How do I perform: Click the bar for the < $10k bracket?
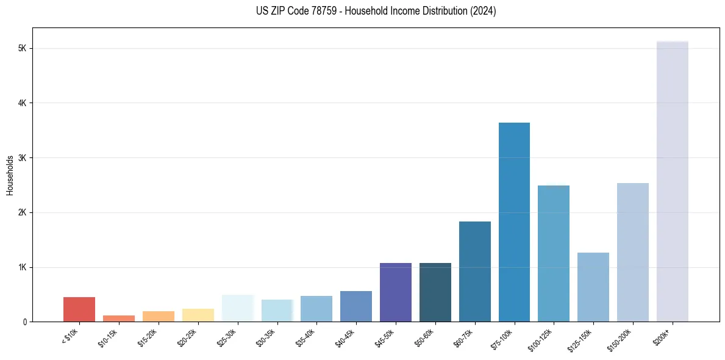[x=79, y=309]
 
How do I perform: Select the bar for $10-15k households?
[x=119, y=319]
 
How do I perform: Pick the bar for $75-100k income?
[x=514, y=222]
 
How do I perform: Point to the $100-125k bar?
[x=554, y=253]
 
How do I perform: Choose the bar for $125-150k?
[x=593, y=287]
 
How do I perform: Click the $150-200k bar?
[x=632, y=252]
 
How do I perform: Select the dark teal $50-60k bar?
[x=435, y=292]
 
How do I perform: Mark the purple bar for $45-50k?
[x=396, y=292]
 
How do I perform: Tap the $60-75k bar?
[x=474, y=272]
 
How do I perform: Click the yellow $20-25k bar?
[x=198, y=315]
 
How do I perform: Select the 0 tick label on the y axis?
[x=24, y=322]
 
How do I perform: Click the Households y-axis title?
[x=10, y=175]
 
